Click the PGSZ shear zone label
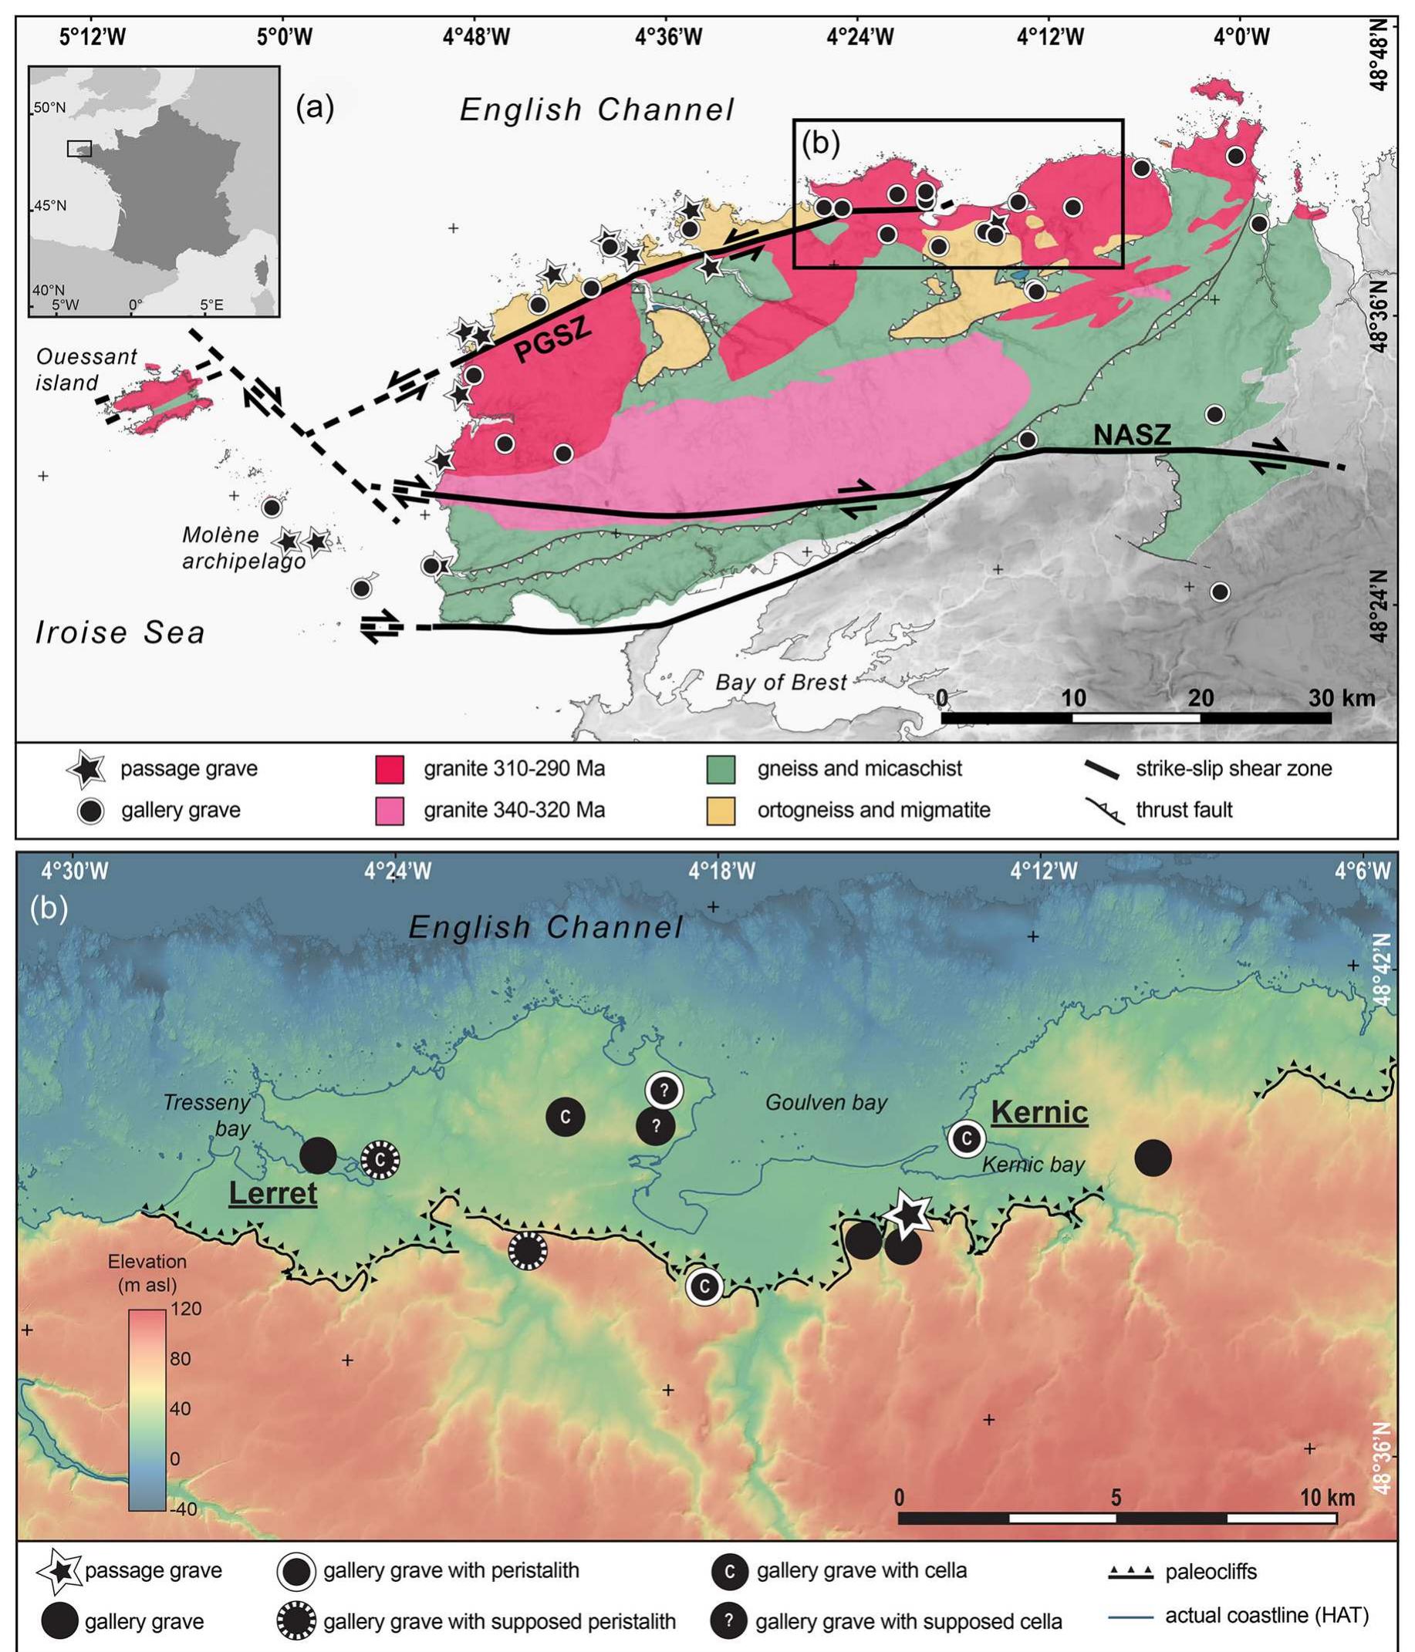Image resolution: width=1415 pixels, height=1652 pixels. tap(552, 339)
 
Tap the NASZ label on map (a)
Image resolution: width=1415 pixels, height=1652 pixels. tap(1131, 434)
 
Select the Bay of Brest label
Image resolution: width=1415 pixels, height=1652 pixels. tap(780, 683)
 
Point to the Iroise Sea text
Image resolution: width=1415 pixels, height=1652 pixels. tap(120, 632)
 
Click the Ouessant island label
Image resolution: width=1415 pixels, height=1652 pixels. tap(86, 369)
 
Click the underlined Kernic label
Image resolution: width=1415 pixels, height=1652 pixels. tap(1038, 1112)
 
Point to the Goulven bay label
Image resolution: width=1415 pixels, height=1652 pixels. tap(826, 1103)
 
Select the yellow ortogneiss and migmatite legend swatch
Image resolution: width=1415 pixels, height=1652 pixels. tap(721, 811)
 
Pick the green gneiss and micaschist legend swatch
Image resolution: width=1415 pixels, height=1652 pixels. tap(721, 769)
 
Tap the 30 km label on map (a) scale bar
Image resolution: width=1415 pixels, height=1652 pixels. tap(1342, 699)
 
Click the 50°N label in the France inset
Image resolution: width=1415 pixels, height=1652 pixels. tap(50, 108)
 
